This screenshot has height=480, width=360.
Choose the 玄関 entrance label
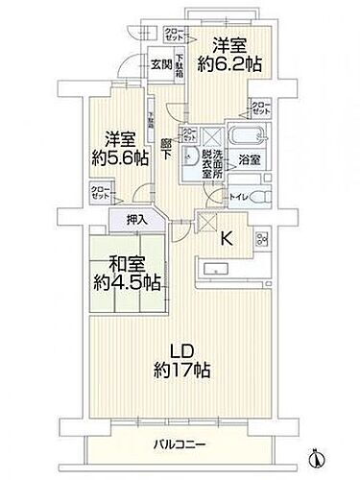(160, 65)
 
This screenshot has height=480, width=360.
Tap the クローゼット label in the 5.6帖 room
(100, 193)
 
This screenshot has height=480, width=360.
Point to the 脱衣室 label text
(209, 169)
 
